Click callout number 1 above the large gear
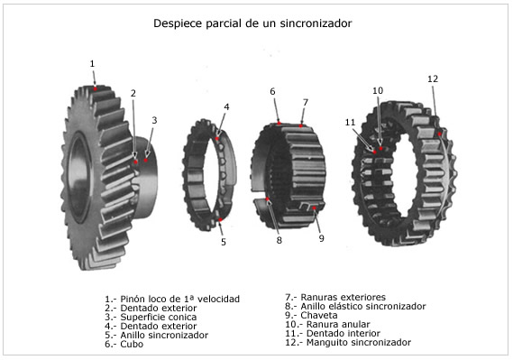click(x=92, y=64)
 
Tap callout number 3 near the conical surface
click(x=154, y=120)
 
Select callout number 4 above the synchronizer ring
click(x=226, y=106)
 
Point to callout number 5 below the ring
click(x=224, y=242)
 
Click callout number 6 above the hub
click(x=272, y=92)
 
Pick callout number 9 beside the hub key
click(x=321, y=238)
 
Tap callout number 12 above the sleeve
click(x=433, y=79)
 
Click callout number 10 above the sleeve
click(x=378, y=91)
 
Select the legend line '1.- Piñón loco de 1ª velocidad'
click(x=172, y=299)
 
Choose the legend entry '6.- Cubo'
click(x=124, y=344)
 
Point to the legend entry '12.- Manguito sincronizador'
click(x=345, y=343)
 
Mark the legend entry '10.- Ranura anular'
click(x=325, y=325)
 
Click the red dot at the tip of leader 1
click(x=95, y=88)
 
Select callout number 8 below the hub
click(x=279, y=240)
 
